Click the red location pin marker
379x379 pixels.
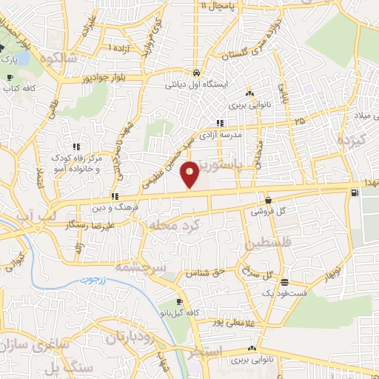190,174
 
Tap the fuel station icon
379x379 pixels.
355,193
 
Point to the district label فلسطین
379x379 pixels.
272,243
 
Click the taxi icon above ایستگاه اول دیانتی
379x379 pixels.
195,73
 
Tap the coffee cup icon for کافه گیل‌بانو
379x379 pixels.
179,302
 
